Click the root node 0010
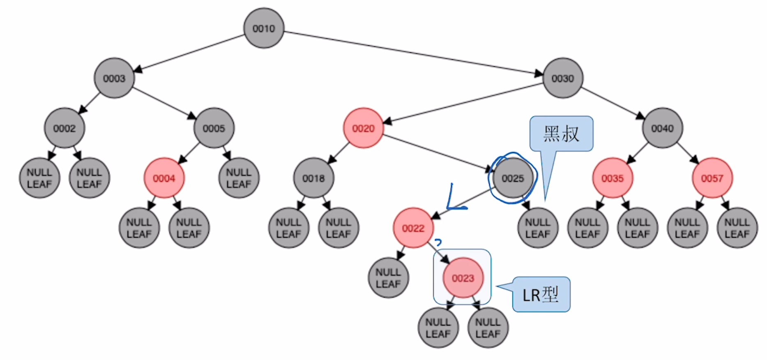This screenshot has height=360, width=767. click(264, 28)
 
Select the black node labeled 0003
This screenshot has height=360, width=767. click(114, 78)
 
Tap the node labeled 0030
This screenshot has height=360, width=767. click(562, 78)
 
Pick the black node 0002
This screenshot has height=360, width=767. click(64, 128)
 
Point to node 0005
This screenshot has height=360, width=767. click(214, 128)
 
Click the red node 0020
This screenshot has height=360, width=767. click(363, 128)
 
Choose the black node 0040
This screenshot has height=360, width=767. click(662, 128)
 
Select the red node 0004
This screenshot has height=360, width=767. click(164, 178)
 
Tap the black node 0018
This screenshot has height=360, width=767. click(313, 178)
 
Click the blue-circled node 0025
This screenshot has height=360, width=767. click(513, 178)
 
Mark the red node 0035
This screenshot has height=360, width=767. click(613, 178)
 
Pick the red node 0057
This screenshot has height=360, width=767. click(712, 178)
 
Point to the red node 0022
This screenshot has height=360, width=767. click(413, 228)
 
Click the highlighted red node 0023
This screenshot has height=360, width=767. click(463, 278)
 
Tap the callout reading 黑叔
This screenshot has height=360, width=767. click(561, 134)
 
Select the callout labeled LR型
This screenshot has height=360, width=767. click(541, 294)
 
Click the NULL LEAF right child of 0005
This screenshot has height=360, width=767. click(239, 178)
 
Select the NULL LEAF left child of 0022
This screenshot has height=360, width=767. click(388, 278)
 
